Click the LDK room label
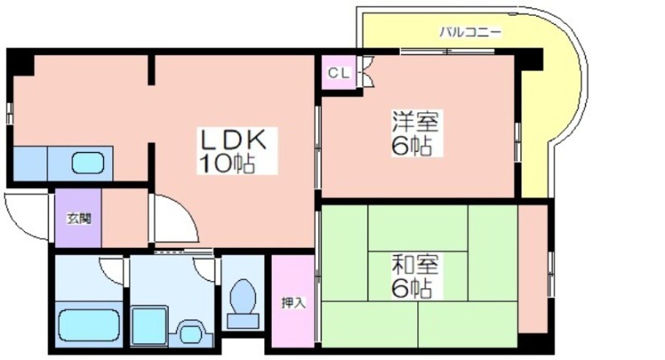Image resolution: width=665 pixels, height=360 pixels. (x=234, y=140)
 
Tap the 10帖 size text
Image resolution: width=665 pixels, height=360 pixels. (x=227, y=163)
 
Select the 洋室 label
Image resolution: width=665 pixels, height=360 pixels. (x=415, y=121)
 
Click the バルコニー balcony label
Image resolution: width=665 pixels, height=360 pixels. (x=470, y=32)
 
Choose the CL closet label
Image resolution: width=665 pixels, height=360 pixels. (x=339, y=73)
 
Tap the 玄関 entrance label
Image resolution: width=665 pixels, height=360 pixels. (x=79, y=219)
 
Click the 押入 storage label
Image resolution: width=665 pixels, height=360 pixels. (x=293, y=303)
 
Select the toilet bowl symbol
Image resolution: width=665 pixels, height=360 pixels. (x=243, y=296)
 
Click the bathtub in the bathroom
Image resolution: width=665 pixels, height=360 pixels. (x=89, y=325)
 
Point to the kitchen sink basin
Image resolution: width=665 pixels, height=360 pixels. (x=88, y=163)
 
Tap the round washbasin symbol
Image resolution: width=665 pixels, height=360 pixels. (x=190, y=333)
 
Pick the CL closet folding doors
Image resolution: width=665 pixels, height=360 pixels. (x=366, y=72)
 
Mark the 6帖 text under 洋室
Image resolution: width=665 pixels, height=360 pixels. (x=411, y=146)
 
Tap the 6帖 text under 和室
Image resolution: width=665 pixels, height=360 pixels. (x=411, y=288)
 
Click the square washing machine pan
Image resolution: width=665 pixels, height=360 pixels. (x=150, y=326)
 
